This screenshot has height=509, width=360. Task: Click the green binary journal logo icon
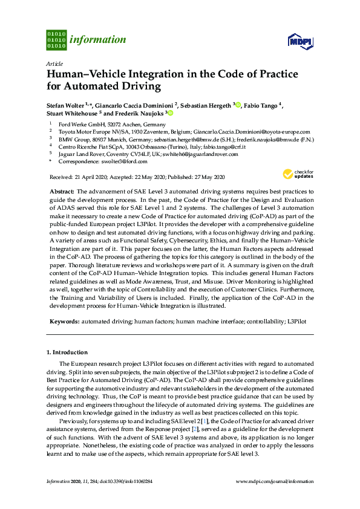pyautogui.click(x=56, y=39)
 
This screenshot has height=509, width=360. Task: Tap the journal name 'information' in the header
pyautogui.click(x=99, y=40)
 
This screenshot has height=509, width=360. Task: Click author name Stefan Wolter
pyautogui.click(x=65, y=105)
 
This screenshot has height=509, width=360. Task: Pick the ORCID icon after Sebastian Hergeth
pyautogui.click(x=238, y=105)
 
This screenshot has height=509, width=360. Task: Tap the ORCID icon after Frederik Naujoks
pyautogui.click(x=171, y=113)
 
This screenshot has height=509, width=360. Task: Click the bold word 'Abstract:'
pyautogui.click(x=62, y=190)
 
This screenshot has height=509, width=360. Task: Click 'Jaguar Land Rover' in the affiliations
pyautogui.click(x=80, y=154)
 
